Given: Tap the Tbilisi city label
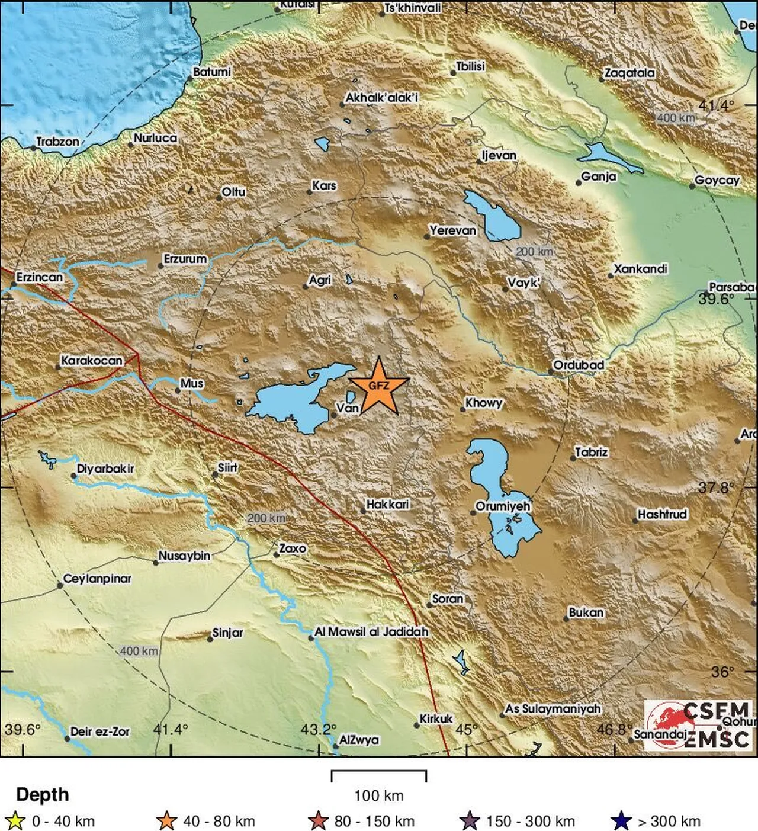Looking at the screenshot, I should click(x=470, y=66).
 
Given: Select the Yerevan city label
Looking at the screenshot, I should click(x=452, y=230).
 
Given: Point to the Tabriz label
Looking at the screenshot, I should click(x=592, y=453).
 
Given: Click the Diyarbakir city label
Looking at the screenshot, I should click(x=105, y=469).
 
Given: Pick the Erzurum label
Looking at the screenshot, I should click(x=185, y=259).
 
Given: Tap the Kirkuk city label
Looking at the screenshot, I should click(x=436, y=718).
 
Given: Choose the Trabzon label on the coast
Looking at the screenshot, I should click(x=57, y=142).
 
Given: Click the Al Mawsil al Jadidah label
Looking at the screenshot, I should click(x=371, y=632).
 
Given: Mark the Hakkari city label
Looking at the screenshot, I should click(x=387, y=504).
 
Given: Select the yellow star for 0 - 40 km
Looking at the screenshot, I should click(x=15, y=821).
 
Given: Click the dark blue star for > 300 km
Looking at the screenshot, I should click(x=621, y=821).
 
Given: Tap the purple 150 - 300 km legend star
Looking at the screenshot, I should click(x=470, y=821).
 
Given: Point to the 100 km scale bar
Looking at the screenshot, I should click(x=378, y=775).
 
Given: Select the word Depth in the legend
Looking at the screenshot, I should click(x=42, y=794).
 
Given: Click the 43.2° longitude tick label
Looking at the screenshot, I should click(x=318, y=729).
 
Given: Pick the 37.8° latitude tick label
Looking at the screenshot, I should click(x=715, y=487).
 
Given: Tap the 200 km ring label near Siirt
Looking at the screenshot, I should click(x=266, y=518).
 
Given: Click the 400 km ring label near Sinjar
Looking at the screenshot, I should click(x=139, y=651).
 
